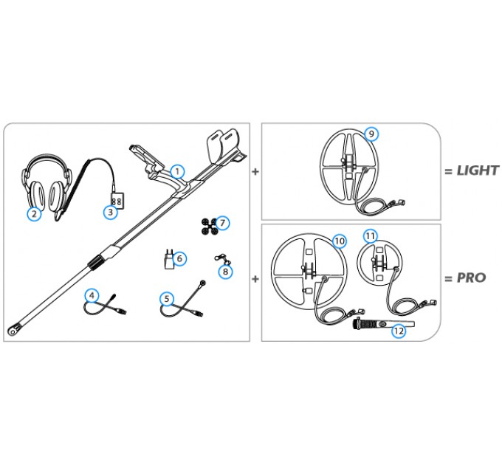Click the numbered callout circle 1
(177, 170)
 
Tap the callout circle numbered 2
(33, 214)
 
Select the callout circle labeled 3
(110, 213)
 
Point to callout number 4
(92, 294)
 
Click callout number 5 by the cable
(168, 299)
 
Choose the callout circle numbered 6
(180, 258)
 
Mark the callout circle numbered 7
(222, 222)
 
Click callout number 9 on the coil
(371, 134)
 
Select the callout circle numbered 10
(339, 241)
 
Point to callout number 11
(371, 235)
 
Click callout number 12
(399, 331)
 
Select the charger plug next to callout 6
(168, 260)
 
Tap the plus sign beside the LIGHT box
(255, 171)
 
